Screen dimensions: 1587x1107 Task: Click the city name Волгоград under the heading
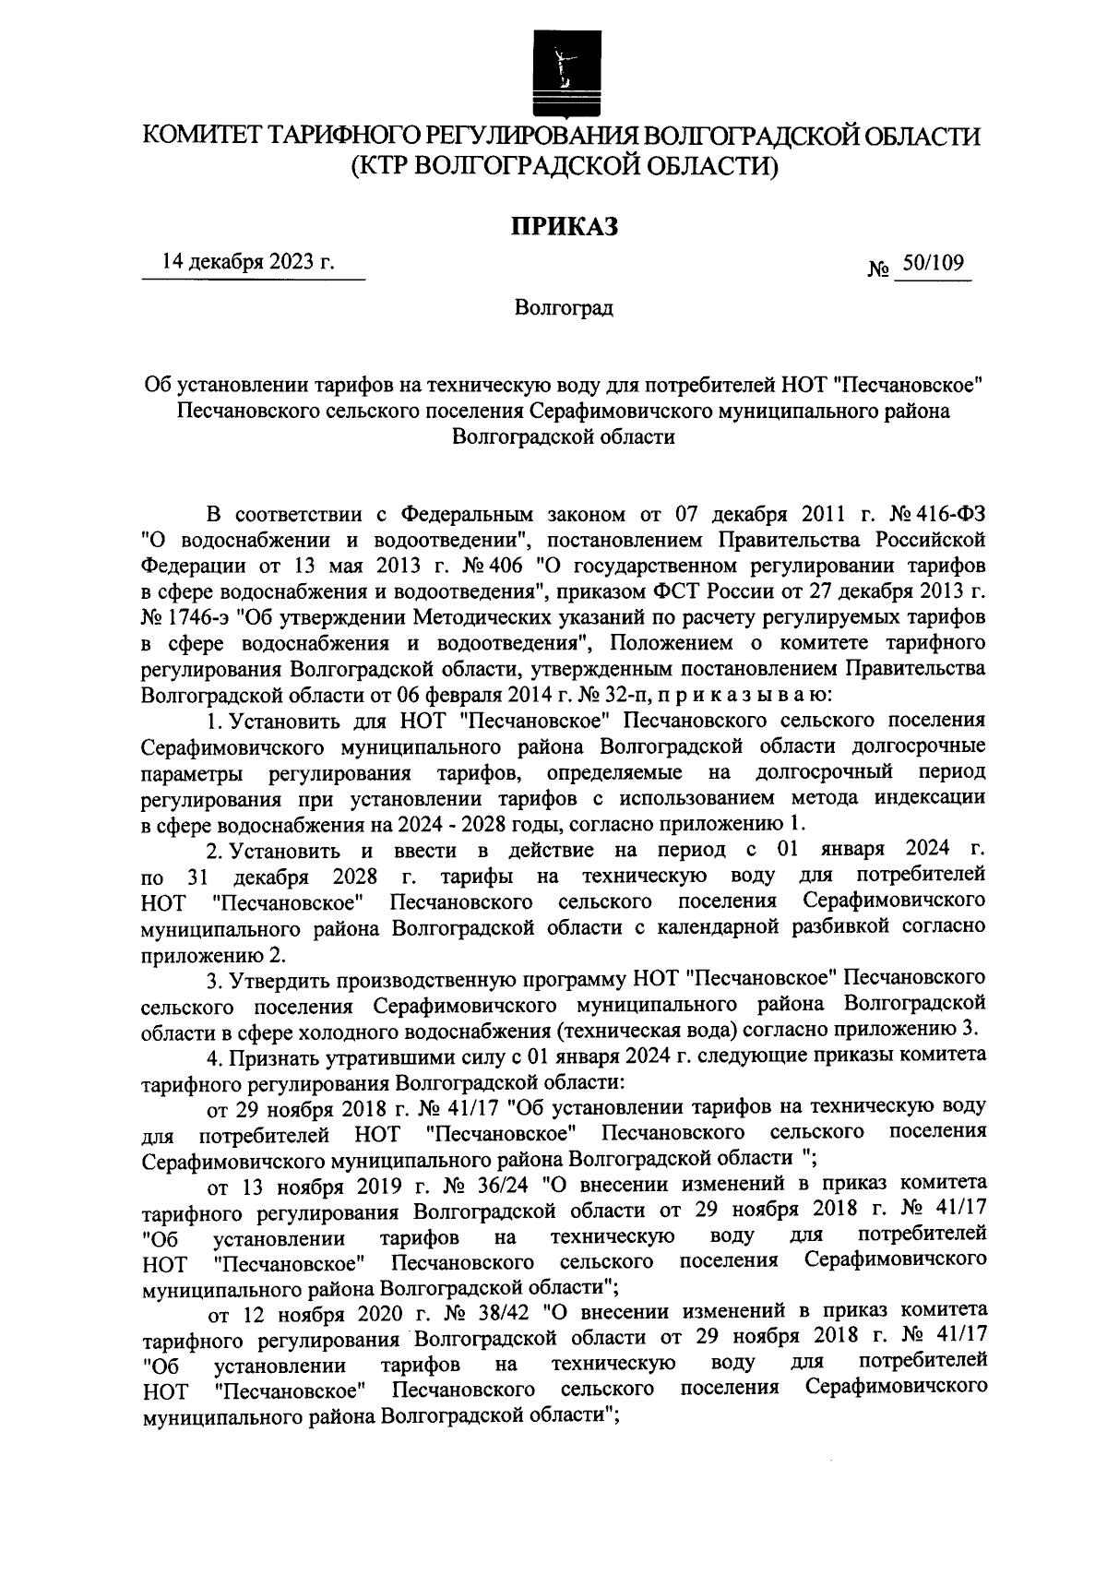click(564, 308)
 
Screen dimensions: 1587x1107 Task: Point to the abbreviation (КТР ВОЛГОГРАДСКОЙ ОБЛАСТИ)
click(564, 166)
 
